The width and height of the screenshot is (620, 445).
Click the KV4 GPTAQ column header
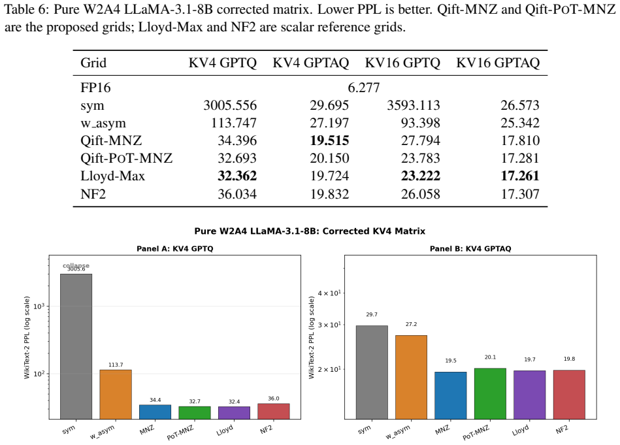point(311,63)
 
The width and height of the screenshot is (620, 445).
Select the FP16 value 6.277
point(364,88)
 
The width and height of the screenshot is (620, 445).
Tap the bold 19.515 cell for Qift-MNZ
point(329,140)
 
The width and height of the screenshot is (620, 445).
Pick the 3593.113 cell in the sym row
point(413,105)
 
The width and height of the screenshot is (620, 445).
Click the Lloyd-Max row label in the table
point(112,176)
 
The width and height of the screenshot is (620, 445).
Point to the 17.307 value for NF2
point(520,194)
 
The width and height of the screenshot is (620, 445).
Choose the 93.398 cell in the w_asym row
point(420,123)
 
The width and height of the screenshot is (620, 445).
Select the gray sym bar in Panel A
point(76,346)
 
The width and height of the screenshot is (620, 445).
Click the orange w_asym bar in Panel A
point(116,395)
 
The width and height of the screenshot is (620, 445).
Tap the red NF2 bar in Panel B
point(569,395)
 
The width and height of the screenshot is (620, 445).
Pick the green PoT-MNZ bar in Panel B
point(490,393)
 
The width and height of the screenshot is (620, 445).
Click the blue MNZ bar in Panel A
point(155,412)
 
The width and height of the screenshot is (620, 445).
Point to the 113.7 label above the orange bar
point(116,365)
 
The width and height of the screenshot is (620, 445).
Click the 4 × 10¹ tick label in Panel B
point(329,293)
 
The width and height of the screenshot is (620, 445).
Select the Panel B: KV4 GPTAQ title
point(470,249)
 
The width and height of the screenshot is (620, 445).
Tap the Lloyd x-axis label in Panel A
point(225,431)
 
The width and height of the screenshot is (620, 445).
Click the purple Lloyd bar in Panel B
point(529,395)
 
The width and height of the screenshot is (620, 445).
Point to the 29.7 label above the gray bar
point(372,314)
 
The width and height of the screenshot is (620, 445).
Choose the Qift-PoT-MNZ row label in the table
point(127,158)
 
